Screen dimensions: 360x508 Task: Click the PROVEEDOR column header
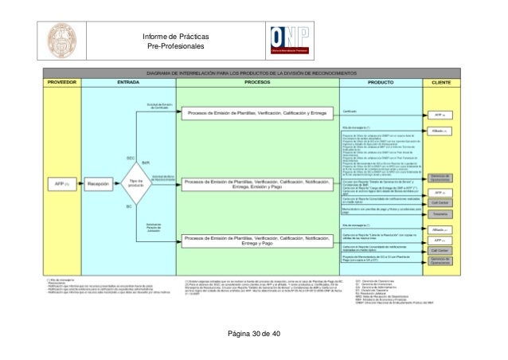[63, 82]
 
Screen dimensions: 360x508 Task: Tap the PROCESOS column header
[256, 82]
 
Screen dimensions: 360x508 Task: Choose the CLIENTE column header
[441, 82]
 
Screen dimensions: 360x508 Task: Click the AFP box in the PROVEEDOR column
[63, 184]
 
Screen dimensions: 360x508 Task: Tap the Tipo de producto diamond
[135, 184]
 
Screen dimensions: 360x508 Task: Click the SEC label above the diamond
[130, 158]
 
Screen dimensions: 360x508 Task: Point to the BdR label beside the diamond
[146, 162]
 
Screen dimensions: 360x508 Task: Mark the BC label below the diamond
[130, 209]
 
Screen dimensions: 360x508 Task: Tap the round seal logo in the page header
[61, 40]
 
